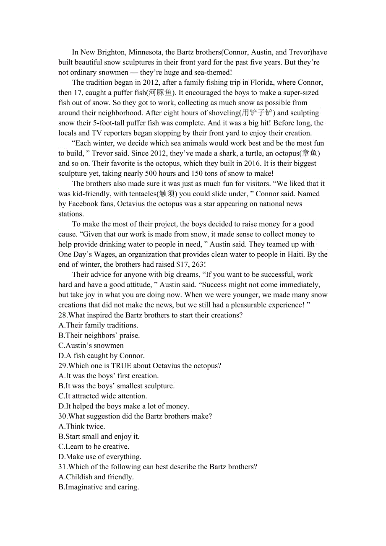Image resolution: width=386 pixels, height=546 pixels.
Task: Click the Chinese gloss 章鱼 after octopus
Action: (x=310, y=153)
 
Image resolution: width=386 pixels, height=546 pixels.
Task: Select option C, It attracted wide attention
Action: (x=102, y=396)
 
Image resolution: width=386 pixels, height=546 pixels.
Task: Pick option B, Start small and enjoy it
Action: (x=99, y=437)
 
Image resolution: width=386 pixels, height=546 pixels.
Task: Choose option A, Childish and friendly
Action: (x=96, y=477)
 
